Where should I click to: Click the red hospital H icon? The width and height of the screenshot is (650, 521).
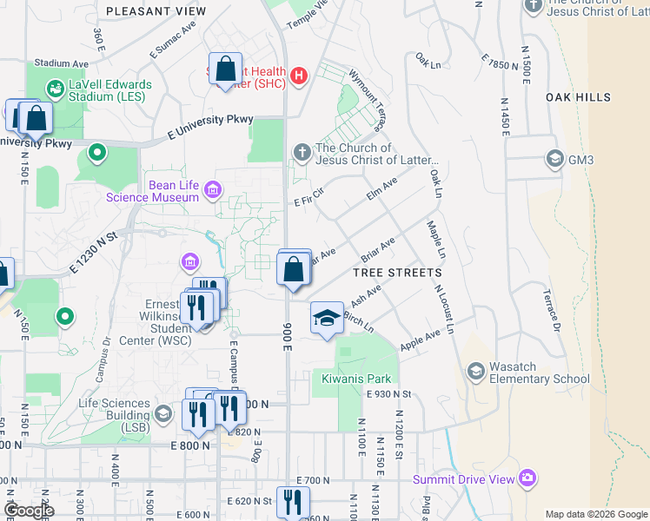click(x=300, y=76)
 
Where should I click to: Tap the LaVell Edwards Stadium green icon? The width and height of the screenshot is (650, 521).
click(x=55, y=89)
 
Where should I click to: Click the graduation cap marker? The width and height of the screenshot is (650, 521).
click(x=327, y=319)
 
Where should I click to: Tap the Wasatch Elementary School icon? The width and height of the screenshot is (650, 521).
click(x=475, y=372)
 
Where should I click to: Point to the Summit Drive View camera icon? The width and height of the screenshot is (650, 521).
click(x=527, y=478)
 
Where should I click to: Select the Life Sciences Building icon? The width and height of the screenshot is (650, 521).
click(x=163, y=411)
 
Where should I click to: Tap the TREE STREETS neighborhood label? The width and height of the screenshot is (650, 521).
click(x=398, y=273)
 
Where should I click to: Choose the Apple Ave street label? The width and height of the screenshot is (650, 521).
click(x=420, y=340)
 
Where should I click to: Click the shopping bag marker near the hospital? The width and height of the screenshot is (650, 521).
click(x=226, y=70)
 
